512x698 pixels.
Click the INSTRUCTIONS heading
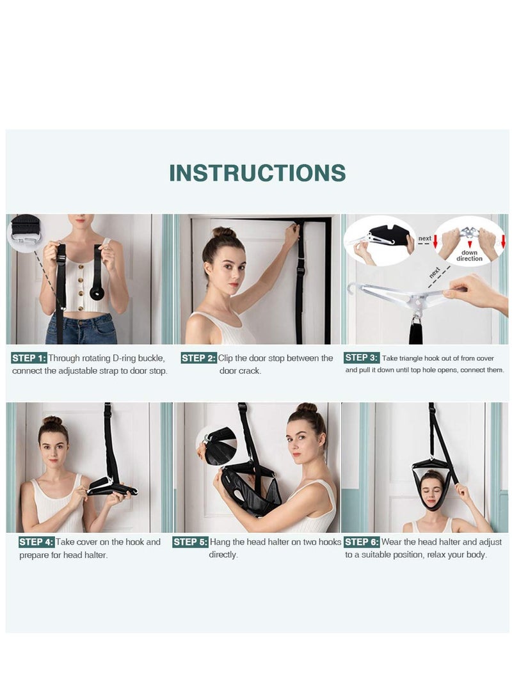(257, 173)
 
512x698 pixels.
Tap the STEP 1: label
(29, 358)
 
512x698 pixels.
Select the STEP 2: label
(198, 358)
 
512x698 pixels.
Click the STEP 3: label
(362, 358)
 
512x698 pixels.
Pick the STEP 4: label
(36, 542)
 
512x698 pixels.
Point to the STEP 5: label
(190, 542)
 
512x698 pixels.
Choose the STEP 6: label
(362, 542)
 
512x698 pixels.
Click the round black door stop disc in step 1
(97, 293)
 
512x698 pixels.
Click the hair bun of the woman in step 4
(52, 421)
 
